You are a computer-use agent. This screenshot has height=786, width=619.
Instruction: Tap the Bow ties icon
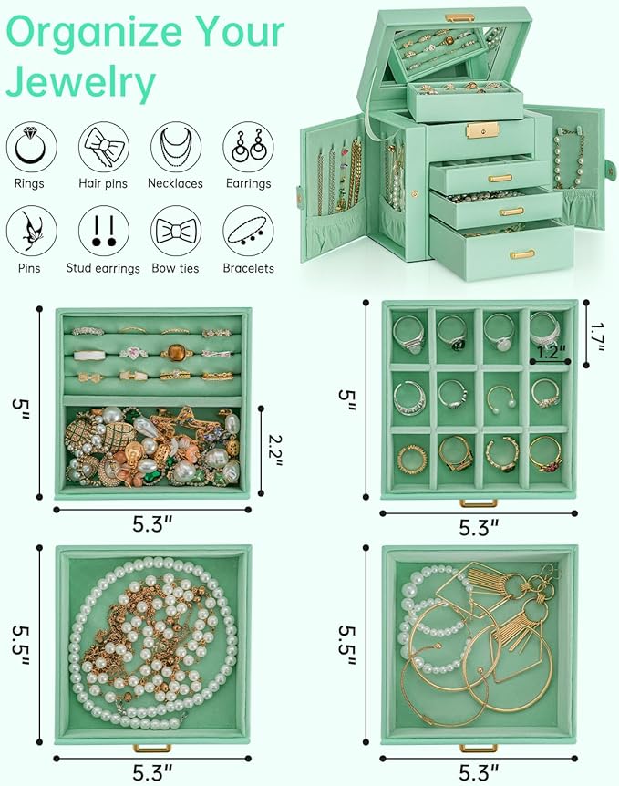(x=176, y=231)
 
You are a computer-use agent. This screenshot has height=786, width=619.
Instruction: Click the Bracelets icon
(x=248, y=231)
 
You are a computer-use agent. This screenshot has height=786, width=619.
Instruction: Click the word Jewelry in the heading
(x=81, y=82)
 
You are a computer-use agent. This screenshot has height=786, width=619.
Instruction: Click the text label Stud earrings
(x=103, y=268)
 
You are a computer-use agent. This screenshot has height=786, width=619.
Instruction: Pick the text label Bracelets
(x=248, y=268)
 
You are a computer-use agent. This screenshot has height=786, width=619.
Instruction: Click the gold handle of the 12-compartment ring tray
(x=479, y=502)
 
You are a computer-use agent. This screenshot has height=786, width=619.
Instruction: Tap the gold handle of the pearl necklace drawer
(x=152, y=748)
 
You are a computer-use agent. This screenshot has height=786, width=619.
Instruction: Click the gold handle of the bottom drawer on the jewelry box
(x=522, y=254)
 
